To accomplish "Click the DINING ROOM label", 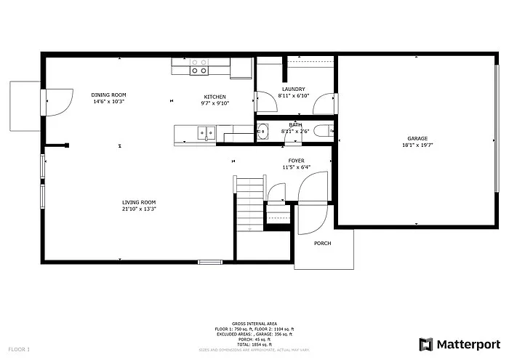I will pos(109,95).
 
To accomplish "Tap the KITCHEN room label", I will pos(215,97).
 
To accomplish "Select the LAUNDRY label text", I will pos(293,89).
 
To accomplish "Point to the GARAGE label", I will pos(417,138).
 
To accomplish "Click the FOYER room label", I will pos(296,161).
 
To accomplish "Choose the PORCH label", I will pos(323,244).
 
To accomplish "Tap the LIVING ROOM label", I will pos(139,202).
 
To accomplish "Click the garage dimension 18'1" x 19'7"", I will pos(417,145).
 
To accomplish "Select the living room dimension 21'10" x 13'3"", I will pos(139,209).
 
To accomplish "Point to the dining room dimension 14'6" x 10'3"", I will pos(109,102).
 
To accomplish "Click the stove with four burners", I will pos(199,67).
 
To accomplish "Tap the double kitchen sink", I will pos(207,132).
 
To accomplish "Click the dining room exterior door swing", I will pos(58,101).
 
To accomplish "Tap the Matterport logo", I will pos(460,343).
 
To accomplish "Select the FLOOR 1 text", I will pos(19,350).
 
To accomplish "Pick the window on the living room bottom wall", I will pos(210,261).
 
